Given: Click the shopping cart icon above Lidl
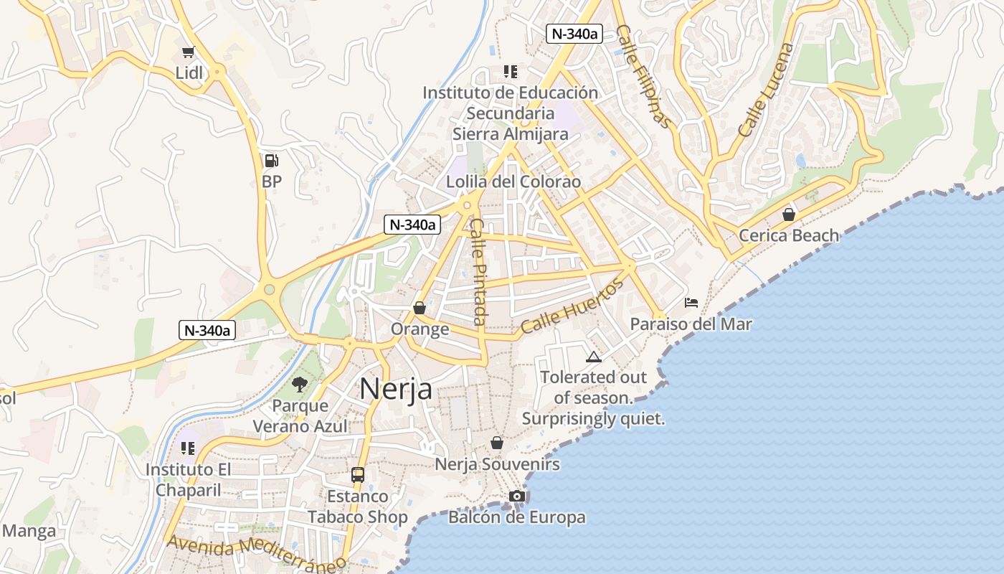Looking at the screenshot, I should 188,52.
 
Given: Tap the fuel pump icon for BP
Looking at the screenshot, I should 271,161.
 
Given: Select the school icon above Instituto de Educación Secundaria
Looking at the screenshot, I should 510,71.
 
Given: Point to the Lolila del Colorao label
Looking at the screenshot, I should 513,182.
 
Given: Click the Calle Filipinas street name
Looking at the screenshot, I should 645,77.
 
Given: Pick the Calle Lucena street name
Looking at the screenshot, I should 766,90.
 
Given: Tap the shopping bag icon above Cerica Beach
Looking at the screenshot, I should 789,214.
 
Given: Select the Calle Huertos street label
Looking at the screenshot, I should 572,306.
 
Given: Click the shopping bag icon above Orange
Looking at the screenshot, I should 420,308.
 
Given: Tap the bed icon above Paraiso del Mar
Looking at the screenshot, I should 691,302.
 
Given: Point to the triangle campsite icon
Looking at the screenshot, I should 593,357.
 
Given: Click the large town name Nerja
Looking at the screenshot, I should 396,389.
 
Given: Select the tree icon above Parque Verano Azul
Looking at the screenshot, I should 299,385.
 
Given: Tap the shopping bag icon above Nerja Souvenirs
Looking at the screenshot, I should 496,443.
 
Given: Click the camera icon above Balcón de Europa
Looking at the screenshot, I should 516,496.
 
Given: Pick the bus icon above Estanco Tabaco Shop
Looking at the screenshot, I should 357,474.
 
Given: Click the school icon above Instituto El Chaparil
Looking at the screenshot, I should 188,448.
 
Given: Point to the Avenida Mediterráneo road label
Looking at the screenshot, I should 256,552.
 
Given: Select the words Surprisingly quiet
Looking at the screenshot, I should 593,418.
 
